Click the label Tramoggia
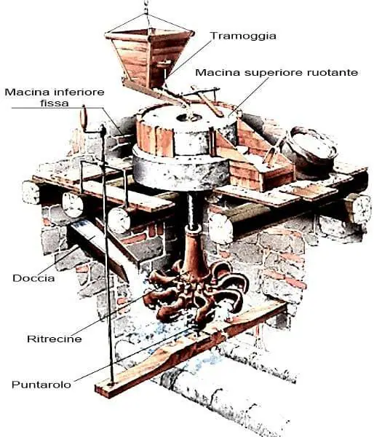pos(243,36)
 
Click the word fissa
pos(55,103)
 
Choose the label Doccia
pos(33,278)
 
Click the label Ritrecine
pos(55,339)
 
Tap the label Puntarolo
pos(41,385)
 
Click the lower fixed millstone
pos(180,170)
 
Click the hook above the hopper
pos(146,7)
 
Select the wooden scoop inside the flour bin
pos(271,152)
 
